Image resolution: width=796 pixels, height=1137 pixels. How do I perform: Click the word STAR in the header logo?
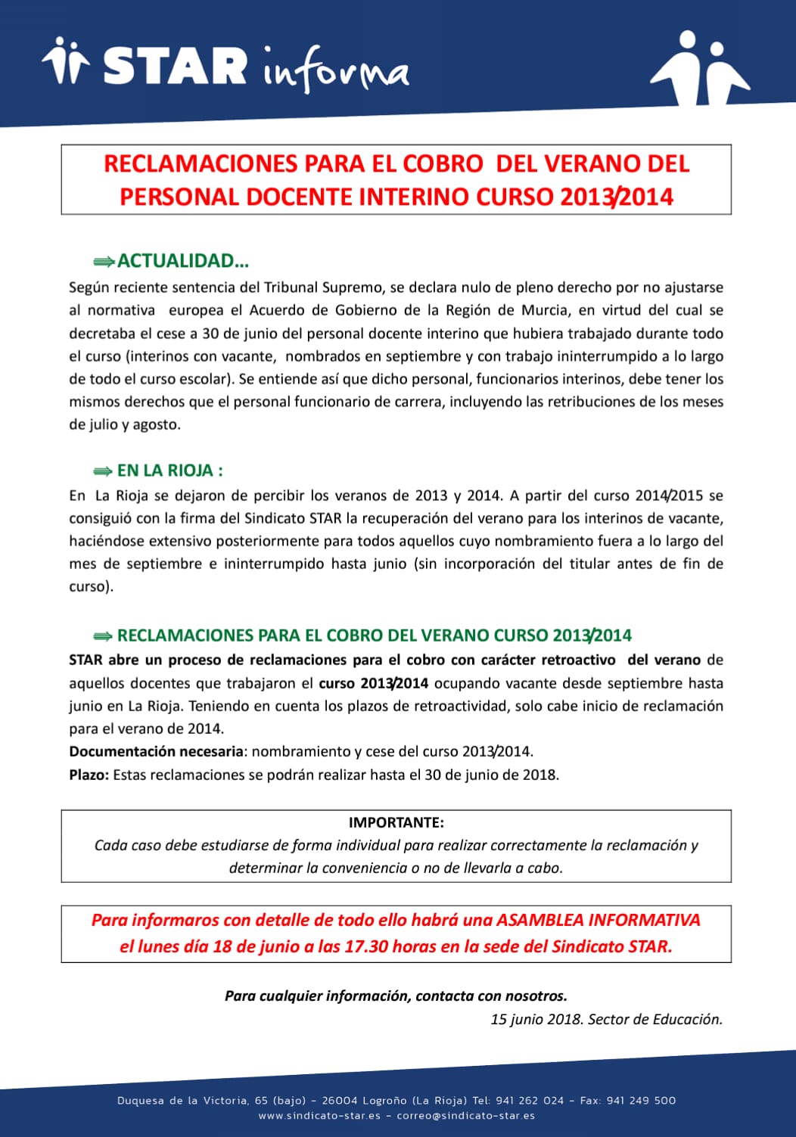point(175,66)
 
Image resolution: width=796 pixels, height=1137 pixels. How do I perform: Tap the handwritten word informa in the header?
point(335,70)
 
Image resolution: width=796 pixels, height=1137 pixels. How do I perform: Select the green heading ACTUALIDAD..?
point(182,261)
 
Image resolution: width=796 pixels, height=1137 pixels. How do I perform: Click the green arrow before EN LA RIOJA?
point(103,471)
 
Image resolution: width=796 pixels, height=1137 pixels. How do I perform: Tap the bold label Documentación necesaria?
point(157,751)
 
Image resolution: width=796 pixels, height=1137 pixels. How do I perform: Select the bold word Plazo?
point(89,775)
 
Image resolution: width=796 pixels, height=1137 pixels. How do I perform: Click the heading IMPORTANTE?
point(396,822)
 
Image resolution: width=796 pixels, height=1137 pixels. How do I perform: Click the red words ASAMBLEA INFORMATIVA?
point(598,920)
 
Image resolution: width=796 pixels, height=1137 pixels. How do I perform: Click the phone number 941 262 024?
point(530,1101)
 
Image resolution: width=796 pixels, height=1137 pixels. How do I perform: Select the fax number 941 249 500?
point(641,1101)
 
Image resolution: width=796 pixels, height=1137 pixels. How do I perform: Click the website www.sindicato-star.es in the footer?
point(319,1116)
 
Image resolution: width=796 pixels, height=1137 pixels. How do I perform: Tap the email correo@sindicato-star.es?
point(465,1116)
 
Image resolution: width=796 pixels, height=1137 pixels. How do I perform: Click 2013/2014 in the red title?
point(617,197)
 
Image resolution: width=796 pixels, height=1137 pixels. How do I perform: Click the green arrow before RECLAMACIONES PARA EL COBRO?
point(103,636)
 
